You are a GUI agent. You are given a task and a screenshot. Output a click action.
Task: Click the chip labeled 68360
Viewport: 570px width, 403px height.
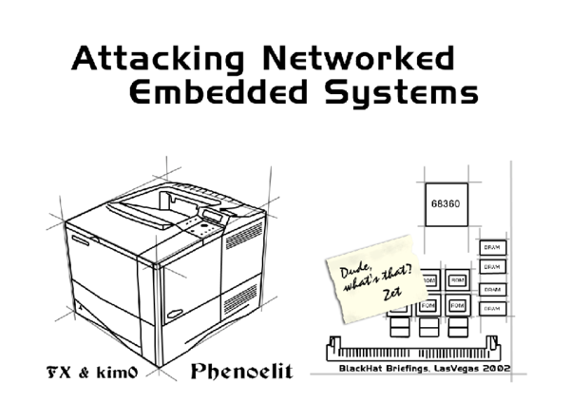pos(445,203)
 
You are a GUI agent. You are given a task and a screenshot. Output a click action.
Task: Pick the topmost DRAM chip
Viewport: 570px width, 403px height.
pos(491,247)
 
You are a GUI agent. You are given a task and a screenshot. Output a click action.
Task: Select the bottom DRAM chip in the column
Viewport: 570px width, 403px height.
pos(491,309)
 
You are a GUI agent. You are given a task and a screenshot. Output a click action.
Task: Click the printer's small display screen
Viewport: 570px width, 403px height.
pos(213,217)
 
